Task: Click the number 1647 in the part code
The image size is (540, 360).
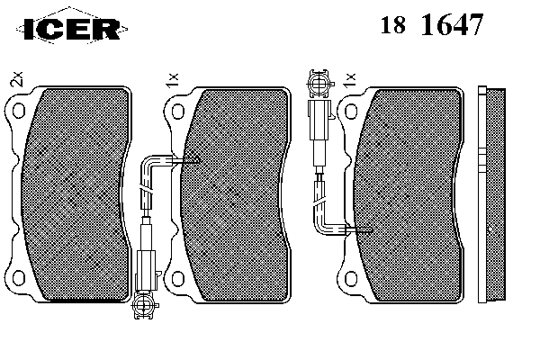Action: click(453, 24)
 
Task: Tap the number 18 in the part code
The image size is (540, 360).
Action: click(393, 25)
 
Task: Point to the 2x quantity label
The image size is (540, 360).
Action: click(16, 79)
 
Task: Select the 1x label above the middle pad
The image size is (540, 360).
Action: click(172, 80)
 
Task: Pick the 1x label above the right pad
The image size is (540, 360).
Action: click(349, 80)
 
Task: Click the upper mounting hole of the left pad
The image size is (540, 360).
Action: click(19, 111)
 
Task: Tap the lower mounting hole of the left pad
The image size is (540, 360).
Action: click(19, 278)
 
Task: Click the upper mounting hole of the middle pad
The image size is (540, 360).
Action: click(177, 111)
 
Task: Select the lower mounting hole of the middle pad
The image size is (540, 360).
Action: click(177, 278)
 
